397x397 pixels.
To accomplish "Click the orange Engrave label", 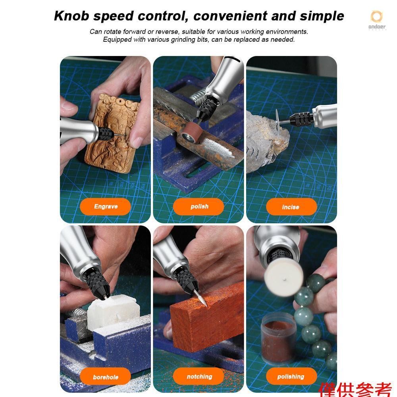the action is (105, 206).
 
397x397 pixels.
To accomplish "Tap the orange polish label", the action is (198, 206).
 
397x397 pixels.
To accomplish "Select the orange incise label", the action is (291, 206).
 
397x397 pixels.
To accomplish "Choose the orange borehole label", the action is (105, 376).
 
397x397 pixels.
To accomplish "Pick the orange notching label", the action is (198, 376).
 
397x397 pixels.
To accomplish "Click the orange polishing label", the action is (291, 376).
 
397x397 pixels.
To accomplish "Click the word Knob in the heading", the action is (71, 16).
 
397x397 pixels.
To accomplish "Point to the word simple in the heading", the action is (322, 16).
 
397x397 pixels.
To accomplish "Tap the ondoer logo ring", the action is (377, 17).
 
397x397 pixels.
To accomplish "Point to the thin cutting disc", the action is (278, 123).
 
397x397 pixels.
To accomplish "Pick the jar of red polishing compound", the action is (279, 338).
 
